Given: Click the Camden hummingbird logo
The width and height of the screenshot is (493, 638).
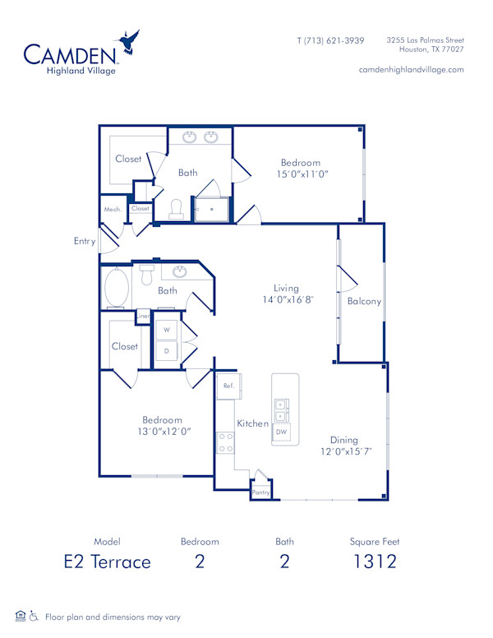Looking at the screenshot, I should point(128,43).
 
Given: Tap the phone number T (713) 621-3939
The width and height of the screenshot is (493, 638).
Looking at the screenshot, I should point(330,40).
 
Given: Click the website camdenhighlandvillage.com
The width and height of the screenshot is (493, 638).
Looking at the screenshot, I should point(411,70).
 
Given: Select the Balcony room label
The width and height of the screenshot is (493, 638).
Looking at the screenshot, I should point(364,302).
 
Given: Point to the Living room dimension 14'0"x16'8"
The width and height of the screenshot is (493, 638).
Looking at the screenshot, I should point(285,301).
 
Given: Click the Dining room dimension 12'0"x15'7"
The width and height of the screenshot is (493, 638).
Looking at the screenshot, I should point(346,451).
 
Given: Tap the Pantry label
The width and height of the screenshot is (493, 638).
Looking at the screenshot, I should point(260,492).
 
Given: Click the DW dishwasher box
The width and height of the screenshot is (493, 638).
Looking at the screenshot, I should point(281,431).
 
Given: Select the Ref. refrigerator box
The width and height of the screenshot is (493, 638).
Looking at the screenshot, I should point(228,385).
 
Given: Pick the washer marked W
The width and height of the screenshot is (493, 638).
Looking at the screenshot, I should point(167,330).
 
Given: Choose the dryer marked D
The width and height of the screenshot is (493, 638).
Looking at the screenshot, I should point(167,351).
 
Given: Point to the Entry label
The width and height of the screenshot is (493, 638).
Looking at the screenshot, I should point(84,242).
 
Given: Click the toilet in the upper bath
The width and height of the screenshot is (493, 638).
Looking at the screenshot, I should point(176,209).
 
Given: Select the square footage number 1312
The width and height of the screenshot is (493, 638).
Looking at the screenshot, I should point(375,562).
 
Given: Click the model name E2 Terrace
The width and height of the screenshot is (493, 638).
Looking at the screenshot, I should point(108,562).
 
